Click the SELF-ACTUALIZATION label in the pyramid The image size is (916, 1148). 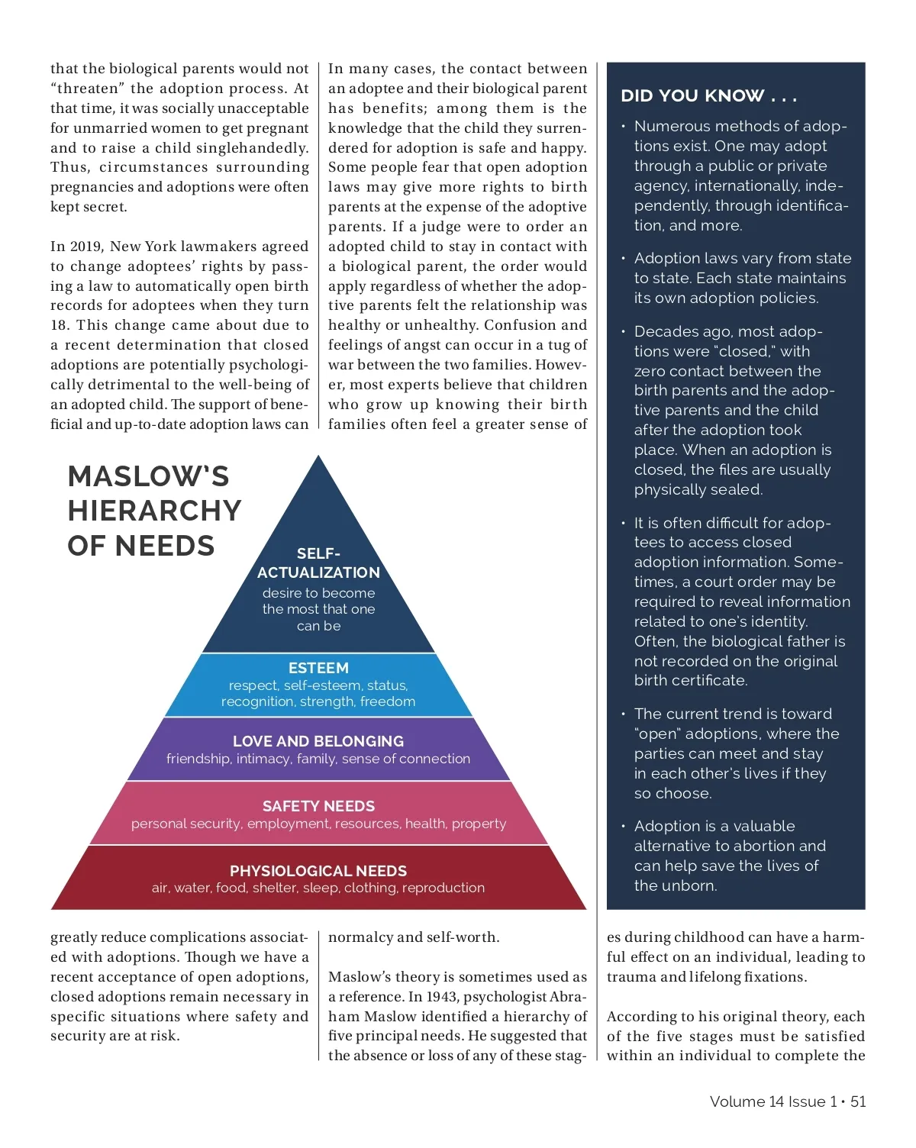318,563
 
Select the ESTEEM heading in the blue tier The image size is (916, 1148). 318,668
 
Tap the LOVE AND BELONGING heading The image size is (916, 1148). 318,741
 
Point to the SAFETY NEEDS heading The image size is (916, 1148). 318,806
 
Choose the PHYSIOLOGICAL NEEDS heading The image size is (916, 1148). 318,871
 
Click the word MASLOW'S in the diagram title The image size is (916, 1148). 148,477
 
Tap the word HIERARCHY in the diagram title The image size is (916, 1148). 154,511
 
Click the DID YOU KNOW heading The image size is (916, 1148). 708,96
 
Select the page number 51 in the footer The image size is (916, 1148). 858,1101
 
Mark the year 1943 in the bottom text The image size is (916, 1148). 441,997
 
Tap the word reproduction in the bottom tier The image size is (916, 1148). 443,888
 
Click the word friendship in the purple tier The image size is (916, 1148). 198,759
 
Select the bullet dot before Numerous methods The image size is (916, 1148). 623,127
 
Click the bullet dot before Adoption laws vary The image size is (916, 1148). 623,259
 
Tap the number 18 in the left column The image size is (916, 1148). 60,325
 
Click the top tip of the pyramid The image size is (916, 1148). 318,457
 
